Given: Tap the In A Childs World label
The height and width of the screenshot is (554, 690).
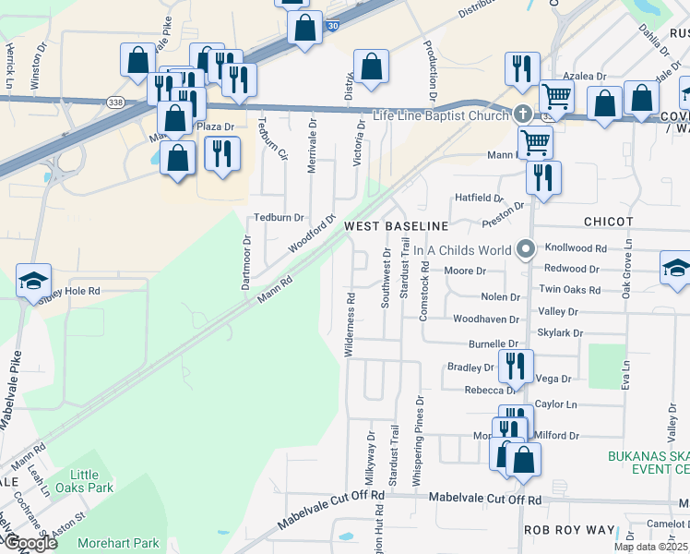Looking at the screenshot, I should pos(461,250).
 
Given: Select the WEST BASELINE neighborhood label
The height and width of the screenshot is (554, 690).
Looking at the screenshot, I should pos(396,226).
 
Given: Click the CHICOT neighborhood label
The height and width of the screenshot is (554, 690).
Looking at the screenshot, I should pos(608,223).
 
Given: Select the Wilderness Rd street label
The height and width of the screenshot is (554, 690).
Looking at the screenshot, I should pos(350,325).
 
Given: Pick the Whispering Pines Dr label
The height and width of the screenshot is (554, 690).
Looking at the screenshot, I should pos(418,430).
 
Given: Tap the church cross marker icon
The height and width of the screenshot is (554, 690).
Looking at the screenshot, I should pos(522,114).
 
